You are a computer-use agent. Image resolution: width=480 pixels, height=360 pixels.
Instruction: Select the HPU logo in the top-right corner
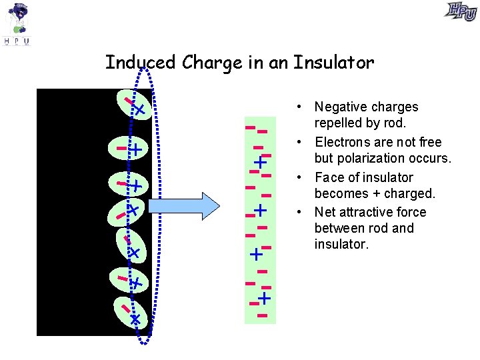click(461, 11)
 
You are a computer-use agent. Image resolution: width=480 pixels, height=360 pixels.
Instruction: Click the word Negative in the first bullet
click(339, 107)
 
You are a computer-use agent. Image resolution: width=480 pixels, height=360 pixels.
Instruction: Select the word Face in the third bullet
click(329, 178)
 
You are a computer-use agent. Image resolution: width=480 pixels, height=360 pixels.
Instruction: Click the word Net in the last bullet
click(325, 213)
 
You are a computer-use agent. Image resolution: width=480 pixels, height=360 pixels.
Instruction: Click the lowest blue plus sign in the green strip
click(265, 297)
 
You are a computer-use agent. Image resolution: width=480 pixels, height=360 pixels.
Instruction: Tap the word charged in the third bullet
click(412, 194)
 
